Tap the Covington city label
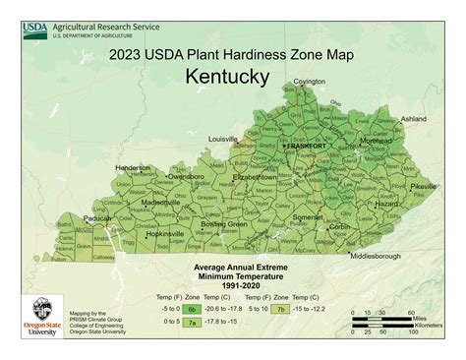pyautogui.click(x=309, y=82)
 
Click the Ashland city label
pyautogui.click(x=414, y=119)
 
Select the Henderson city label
pyautogui.click(x=133, y=167)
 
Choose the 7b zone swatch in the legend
pyautogui.click(x=281, y=308)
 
